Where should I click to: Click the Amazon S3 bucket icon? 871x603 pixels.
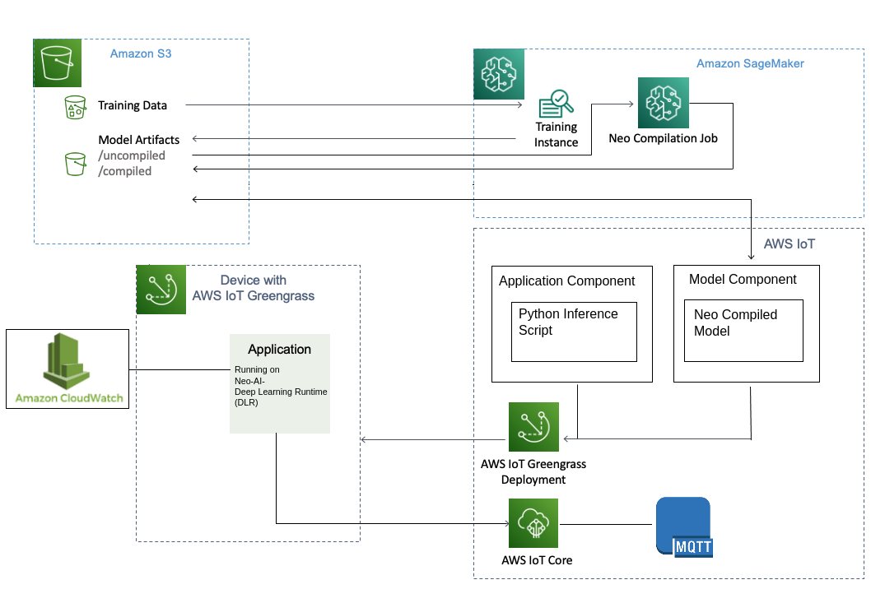click(x=58, y=63)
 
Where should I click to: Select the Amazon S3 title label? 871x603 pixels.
click(x=141, y=53)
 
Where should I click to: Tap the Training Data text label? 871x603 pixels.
click(x=133, y=105)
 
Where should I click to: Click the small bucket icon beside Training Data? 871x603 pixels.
click(x=75, y=107)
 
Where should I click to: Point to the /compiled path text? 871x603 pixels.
click(x=125, y=171)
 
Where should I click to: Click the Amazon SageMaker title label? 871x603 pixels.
click(x=750, y=63)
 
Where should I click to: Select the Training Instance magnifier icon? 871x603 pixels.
click(x=557, y=104)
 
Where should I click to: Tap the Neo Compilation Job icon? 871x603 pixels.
click(x=663, y=102)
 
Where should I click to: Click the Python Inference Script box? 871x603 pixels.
click(x=574, y=332)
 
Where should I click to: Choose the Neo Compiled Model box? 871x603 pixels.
click(x=744, y=330)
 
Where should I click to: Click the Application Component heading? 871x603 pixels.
click(x=567, y=281)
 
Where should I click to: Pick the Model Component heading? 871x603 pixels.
click(x=743, y=280)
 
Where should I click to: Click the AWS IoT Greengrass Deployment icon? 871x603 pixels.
click(x=533, y=427)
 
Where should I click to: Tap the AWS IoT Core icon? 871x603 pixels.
click(x=533, y=523)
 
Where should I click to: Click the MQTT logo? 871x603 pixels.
click(x=683, y=527)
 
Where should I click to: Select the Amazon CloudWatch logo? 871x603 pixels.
click(x=68, y=369)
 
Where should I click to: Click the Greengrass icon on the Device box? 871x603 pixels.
click(x=161, y=290)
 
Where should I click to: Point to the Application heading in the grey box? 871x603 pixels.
click(x=280, y=350)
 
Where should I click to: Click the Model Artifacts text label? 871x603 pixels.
click(x=139, y=140)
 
